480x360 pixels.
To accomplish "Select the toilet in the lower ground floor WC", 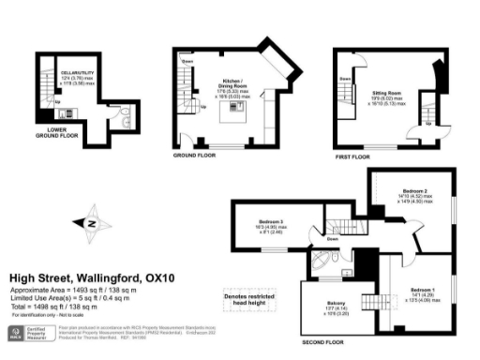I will (x=126, y=122).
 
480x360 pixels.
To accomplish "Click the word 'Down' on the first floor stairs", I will (x=346, y=80).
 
